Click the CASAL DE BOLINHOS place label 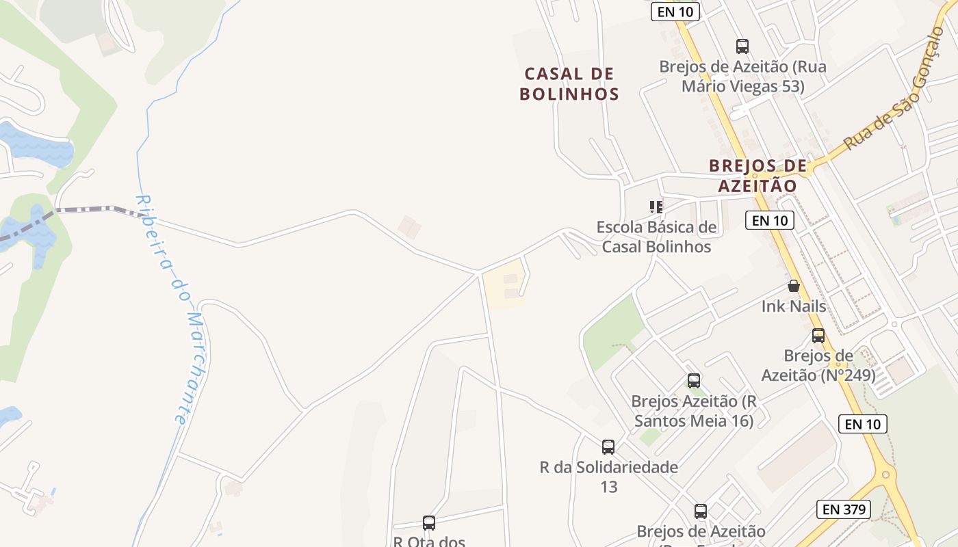tap(569, 83)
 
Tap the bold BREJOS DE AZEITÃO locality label tap(758, 176)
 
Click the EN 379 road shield tap(844, 509)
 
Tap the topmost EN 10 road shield tap(675, 12)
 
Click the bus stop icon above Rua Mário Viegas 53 tap(742, 46)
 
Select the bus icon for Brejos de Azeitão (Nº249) tap(818, 336)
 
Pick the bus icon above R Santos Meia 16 tap(694, 381)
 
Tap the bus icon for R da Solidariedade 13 tap(608, 447)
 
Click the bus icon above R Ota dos tap(429, 523)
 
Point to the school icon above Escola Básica tap(656, 206)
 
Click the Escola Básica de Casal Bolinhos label tap(656, 237)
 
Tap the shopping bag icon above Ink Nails tap(794, 286)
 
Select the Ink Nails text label tap(794, 306)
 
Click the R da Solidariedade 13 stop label tap(608, 477)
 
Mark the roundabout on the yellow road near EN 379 tap(885, 474)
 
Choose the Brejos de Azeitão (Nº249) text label tap(818, 365)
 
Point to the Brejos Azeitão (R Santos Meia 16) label tap(694, 410)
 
